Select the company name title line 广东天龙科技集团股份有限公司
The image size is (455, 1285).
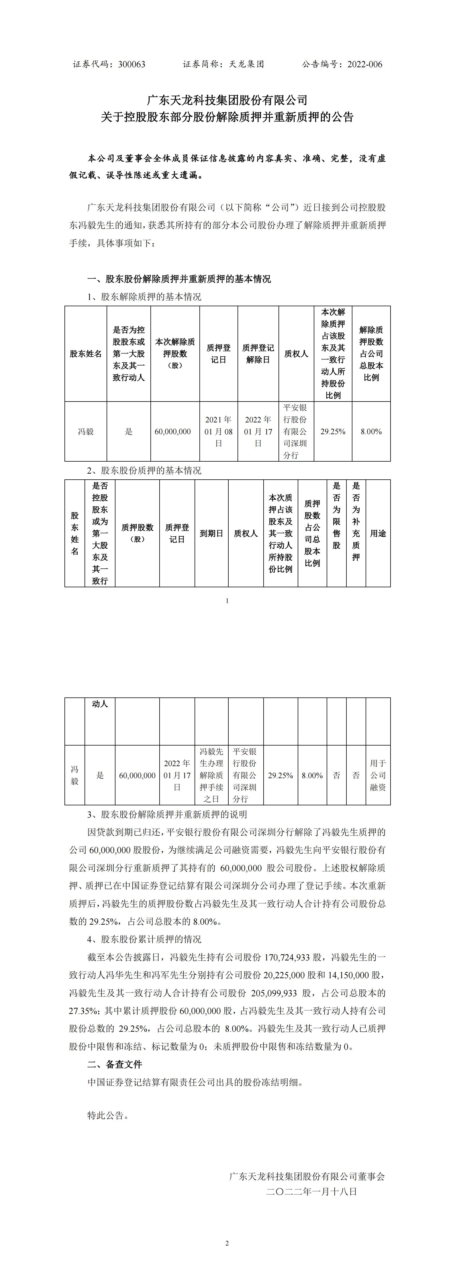point(227,100)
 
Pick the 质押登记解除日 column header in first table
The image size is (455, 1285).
point(258,354)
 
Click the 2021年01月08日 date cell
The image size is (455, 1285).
point(218,432)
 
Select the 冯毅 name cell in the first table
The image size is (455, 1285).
point(85,432)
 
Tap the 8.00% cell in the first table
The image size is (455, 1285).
point(371,432)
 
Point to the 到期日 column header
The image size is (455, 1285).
point(211,533)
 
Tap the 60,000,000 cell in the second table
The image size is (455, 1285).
point(137,776)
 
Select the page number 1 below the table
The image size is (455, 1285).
point(227,601)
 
